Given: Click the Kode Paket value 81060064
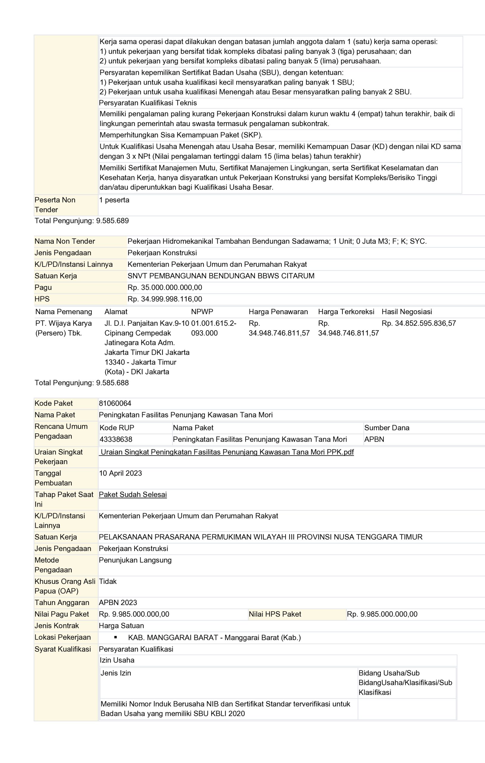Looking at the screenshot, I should coord(115,403).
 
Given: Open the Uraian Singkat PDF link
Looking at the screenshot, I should coord(226,452).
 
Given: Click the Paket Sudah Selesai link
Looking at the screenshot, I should coord(133,495).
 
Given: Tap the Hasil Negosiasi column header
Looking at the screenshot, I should coord(406,312).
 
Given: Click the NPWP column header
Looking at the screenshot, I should coord(202,312).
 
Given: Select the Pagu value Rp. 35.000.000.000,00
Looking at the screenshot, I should coord(165,287).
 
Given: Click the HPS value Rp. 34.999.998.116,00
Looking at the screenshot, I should coord(165,299).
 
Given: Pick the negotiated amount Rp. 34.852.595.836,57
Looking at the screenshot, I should coord(419,323).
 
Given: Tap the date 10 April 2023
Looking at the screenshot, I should coord(120,473).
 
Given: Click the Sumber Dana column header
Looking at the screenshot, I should coord(386,428).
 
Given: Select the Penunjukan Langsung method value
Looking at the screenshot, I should coord(135,560).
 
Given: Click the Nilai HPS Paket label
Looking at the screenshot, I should coord(275,614).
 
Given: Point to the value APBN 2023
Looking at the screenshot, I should coord(118,603).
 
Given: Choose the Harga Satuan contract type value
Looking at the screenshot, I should coord(121,626).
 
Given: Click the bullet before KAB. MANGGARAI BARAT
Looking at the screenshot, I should coord(116,637).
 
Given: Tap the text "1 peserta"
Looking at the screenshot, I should coord(114,200).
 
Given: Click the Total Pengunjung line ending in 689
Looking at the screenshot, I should coord(82,221).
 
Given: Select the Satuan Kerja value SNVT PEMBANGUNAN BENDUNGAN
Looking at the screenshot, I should coord(221,276).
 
